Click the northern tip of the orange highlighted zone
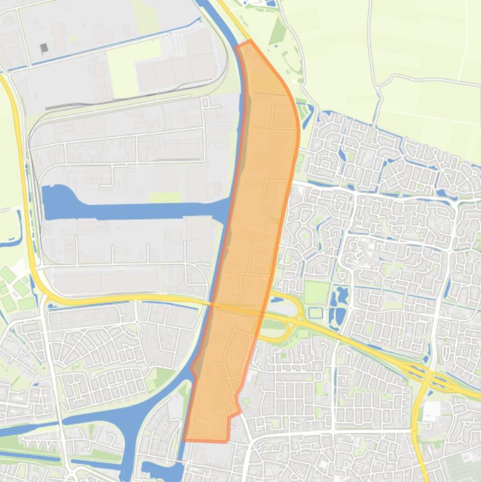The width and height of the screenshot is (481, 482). [250, 42]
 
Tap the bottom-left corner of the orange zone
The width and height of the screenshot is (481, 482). [185, 439]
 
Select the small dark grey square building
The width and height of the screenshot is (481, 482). [44, 48]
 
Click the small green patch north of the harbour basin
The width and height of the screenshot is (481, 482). [165, 198]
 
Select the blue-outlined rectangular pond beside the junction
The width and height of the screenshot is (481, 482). [316, 312]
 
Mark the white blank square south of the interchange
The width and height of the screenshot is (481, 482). [431, 411]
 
